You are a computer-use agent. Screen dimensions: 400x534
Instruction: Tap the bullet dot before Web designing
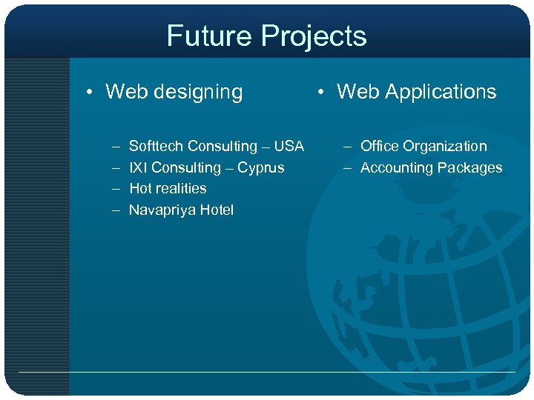tap(88, 93)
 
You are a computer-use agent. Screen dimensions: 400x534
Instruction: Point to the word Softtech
tap(156, 146)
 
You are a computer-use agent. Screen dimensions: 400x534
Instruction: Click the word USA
tap(289, 146)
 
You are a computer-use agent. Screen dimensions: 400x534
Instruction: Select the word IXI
tap(139, 167)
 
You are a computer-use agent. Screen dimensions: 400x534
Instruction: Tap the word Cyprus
tap(260, 167)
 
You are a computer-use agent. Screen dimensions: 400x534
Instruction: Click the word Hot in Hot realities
tap(141, 188)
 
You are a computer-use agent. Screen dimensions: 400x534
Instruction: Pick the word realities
tap(182, 188)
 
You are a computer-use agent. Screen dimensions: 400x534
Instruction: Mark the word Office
tap(379, 146)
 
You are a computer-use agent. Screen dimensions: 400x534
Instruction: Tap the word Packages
tap(468, 167)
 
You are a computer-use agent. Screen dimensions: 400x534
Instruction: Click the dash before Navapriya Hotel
tap(116, 210)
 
